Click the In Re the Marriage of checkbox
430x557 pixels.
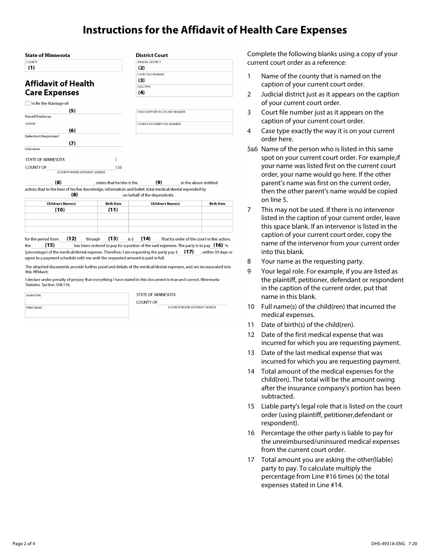tap(28, 103)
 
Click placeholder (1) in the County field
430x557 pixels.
tap(31, 68)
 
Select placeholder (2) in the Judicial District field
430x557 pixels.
tap(141, 68)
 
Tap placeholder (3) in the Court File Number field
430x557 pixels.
tap(141, 80)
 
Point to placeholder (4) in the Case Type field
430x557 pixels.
tap(141, 92)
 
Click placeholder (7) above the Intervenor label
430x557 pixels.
tap(72, 143)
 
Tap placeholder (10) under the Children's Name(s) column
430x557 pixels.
tap(60, 210)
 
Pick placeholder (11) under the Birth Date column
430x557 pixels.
tap(113, 210)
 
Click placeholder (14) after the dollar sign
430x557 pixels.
tap(145, 238)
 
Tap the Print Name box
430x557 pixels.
tap(76, 312)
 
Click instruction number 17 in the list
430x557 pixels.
tap(251, 460)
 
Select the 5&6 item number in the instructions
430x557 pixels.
tap(252, 149)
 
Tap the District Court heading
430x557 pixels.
tap(152, 55)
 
